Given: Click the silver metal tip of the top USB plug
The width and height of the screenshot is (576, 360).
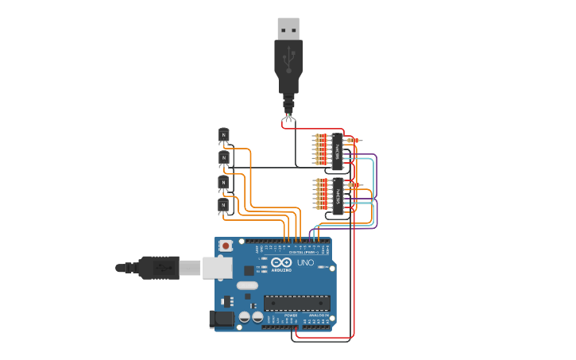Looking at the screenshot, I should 288,28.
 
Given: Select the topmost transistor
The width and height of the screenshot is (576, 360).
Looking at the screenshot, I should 223,135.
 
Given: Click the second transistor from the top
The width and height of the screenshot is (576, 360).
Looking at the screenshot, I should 223,158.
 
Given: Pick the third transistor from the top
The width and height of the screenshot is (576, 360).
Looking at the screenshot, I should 223,182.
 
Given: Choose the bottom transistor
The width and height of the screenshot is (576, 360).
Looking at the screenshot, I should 223,206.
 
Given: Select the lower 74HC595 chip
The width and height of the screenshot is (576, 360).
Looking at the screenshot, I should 337,195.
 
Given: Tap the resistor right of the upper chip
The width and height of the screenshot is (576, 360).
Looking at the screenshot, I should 353,141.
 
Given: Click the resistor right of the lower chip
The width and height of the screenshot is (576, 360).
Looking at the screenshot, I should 353,185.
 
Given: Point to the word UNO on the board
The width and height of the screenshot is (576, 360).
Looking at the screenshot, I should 305,262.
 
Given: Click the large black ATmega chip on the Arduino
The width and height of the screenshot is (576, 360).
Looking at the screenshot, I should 296,303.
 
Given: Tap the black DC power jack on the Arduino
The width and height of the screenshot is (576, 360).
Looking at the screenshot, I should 222,319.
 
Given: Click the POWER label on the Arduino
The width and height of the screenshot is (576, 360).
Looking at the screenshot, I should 291,315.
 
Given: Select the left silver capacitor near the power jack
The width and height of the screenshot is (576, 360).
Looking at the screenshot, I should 245,317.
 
